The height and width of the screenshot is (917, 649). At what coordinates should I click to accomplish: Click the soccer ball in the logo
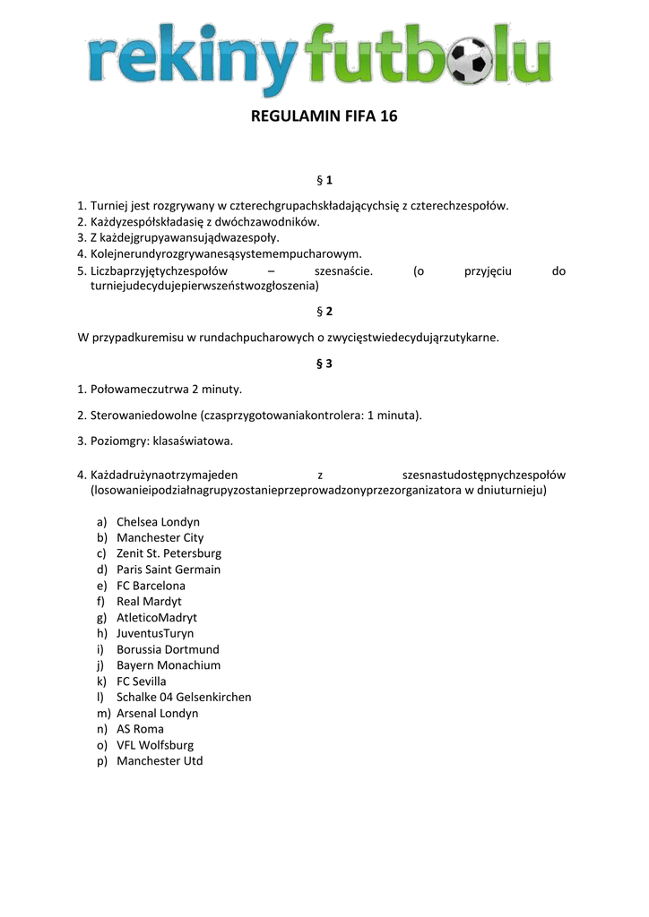click(x=472, y=59)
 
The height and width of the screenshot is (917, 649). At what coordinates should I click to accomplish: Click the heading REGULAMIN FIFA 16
click(x=324, y=117)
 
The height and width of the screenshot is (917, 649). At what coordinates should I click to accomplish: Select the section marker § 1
click(x=324, y=181)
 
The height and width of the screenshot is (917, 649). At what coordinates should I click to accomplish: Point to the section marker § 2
click(x=324, y=312)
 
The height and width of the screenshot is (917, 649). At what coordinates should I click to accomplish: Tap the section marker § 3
click(x=324, y=364)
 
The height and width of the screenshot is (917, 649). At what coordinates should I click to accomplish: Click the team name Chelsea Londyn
click(x=158, y=522)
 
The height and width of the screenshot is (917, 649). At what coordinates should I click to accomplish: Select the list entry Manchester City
click(x=160, y=538)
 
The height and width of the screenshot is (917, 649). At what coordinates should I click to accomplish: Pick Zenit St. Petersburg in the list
click(x=169, y=553)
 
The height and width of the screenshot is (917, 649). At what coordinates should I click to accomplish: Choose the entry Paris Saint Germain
click(x=169, y=570)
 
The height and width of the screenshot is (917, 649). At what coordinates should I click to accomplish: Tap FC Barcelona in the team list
click(x=151, y=586)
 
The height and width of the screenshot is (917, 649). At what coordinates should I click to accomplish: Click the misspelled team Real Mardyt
click(x=149, y=602)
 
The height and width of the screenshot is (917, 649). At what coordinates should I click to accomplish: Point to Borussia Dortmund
click(x=168, y=649)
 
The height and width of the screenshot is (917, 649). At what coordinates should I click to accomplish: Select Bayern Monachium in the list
click(x=169, y=665)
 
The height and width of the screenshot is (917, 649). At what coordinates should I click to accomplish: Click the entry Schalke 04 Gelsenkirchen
click(x=184, y=697)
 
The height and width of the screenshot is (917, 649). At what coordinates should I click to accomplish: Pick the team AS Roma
click(x=140, y=729)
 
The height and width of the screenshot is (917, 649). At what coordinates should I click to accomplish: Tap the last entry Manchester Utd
click(x=160, y=761)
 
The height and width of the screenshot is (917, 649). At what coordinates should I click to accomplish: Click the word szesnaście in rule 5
click(x=343, y=271)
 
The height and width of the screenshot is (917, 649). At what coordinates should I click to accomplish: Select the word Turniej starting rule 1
click(x=108, y=206)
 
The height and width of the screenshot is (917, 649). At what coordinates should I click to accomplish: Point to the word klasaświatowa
click(x=194, y=441)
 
